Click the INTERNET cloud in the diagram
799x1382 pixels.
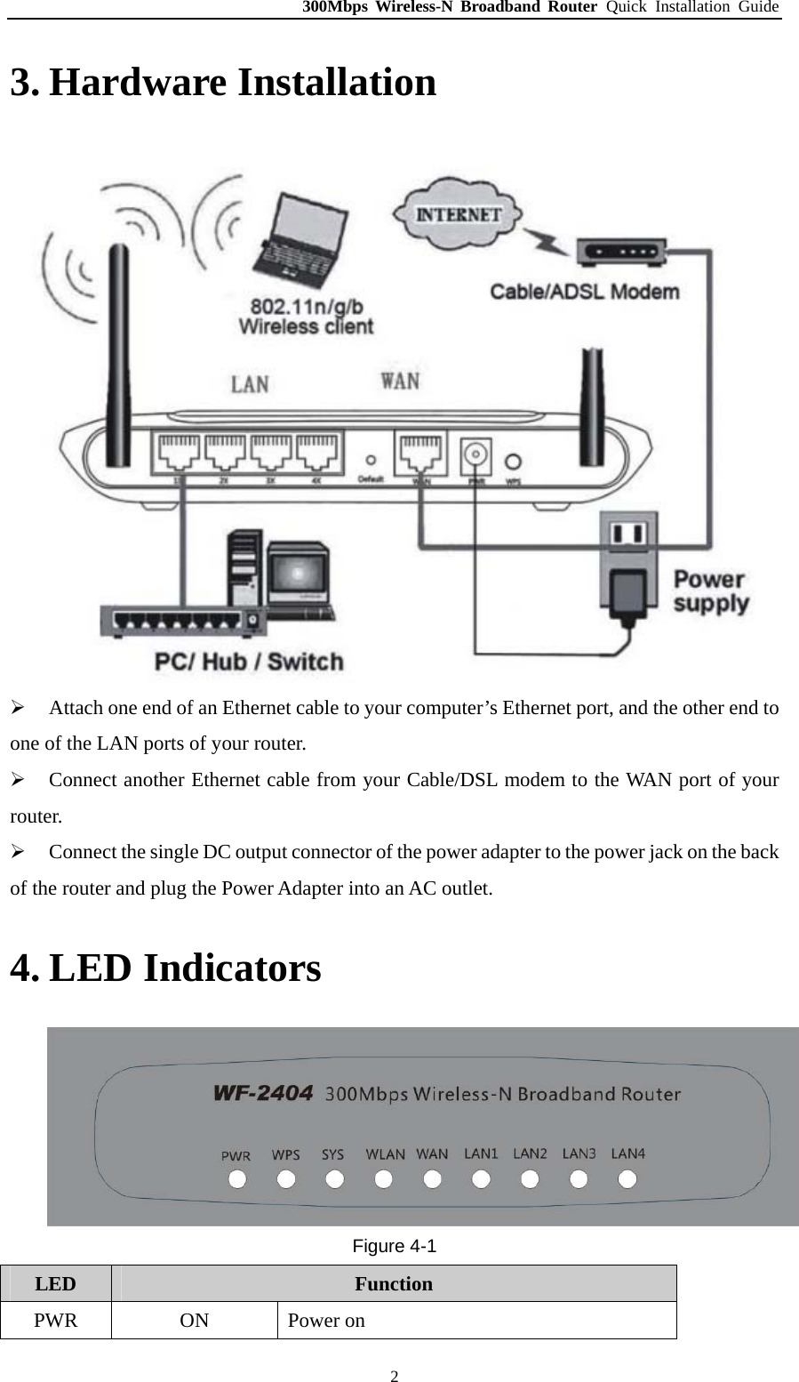pos(459,213)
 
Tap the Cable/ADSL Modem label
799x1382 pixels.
pos(585,292)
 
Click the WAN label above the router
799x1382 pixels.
pos(400,381)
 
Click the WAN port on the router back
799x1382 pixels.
pos(420,454)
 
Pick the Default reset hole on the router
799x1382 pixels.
pos(371,461)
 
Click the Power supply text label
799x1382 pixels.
pos(709,591)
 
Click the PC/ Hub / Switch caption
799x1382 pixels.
pos(249,662)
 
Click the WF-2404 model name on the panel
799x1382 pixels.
pos(263,1094)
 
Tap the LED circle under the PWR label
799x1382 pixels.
pos(237,1180)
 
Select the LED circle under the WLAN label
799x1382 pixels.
pos(384,1180)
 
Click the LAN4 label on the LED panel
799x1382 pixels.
pos(628,1153)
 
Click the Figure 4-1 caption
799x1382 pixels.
pos(394,1246)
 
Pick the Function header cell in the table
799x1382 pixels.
pos(394,1283)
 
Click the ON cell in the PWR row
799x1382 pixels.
pos(194,1320)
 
